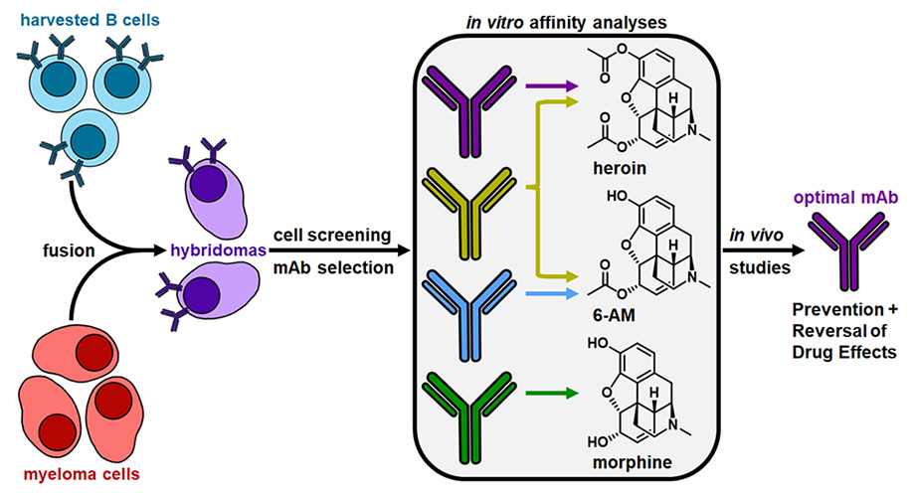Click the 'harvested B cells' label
[90, 20]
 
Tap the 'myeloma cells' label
[82, 474]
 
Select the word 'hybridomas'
[218, 250]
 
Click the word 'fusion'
[69, 250]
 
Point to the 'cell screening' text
[332, 236]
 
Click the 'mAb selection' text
[334, 267]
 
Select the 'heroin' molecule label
[620, 168]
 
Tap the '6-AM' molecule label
[614, 315]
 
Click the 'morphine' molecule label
[633, 462]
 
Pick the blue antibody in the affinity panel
[469, 315]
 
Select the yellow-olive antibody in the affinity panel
[469, 213]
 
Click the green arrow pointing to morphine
[551, 394]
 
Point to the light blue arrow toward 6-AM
[551, 293]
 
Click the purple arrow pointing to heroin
[551, 86]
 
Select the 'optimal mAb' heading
[845, 198]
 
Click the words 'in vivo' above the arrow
[756, 236]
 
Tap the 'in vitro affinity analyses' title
[566, 23]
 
